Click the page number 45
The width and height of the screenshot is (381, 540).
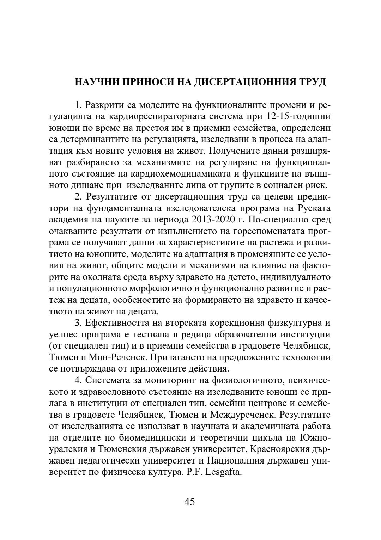pos(189,502)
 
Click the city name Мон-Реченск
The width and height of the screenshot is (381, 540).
pos(118,357)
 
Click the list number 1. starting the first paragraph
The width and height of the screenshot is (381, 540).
pos(78,105)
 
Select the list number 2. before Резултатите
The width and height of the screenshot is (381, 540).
pos(78,197)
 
